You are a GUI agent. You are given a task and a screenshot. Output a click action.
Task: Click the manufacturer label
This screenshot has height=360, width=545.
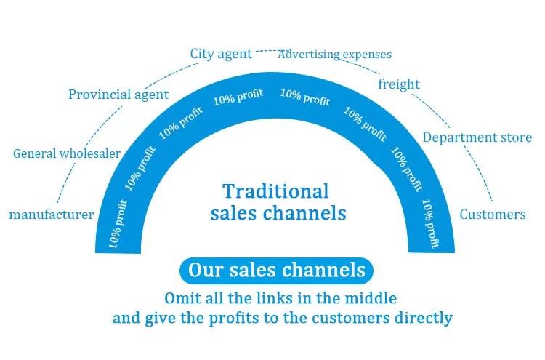point(52,215)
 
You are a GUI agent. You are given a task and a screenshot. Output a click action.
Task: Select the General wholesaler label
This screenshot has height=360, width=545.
point(67,153)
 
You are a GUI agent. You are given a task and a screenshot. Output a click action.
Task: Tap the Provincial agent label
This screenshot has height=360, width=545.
point(118,95)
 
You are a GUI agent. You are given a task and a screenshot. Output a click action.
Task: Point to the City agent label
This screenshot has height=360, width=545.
point(221,54)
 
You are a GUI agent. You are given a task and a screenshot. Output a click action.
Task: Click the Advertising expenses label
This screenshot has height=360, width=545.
point(335,55)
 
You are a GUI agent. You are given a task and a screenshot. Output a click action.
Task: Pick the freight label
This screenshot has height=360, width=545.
point(399,84)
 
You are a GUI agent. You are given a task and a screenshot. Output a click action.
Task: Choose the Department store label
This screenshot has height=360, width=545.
point(477,137)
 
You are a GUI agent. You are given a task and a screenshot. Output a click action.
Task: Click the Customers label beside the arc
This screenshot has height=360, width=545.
point(493,215)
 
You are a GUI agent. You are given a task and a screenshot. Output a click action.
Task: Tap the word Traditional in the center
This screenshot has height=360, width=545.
point(275,191)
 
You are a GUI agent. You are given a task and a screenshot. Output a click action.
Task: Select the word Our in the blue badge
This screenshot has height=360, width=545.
point(203,271)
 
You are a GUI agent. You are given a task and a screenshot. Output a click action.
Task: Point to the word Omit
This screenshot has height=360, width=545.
point(185,298)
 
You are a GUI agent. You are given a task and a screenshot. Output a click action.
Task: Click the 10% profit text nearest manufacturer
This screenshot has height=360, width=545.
point(118,228)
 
